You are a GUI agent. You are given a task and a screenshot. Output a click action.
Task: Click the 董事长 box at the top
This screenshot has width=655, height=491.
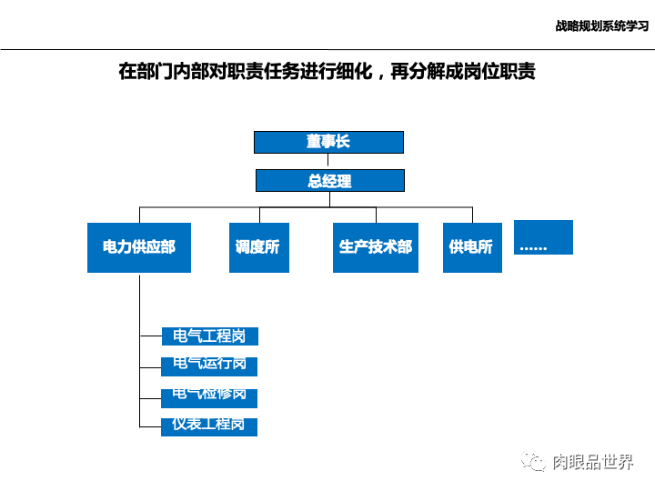pos(328,142)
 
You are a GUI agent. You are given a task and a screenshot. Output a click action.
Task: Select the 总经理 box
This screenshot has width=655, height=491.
pos(328,180)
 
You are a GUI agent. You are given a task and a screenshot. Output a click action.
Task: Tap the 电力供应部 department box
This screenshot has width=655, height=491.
pos(139,247)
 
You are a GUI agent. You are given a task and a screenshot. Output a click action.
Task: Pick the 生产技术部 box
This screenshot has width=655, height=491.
pos(376,247)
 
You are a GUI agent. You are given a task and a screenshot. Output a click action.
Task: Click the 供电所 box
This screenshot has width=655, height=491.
pos(472,247)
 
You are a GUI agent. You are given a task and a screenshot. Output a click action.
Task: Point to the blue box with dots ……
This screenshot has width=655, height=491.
pos(543,237)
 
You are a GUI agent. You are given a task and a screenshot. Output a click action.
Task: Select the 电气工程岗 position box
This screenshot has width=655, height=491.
pos(209,336)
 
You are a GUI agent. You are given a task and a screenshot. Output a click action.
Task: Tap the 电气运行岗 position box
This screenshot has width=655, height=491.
pos(209,366)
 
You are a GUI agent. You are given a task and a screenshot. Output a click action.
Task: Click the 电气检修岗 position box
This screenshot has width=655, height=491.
pos(209,396)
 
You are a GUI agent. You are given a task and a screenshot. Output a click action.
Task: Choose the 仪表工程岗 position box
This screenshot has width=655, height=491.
pos(209,426)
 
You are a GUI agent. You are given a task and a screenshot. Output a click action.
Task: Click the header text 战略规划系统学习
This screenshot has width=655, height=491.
pos(601,26)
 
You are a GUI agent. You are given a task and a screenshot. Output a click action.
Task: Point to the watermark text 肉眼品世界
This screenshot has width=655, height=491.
pos(593,462)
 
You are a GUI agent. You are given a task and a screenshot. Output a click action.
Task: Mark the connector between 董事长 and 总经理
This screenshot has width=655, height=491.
pos(328,161)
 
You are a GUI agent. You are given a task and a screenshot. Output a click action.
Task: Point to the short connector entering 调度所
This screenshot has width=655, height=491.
pos(259,215)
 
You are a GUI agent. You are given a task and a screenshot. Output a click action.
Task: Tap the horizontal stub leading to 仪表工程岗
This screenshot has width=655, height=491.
pos(150,426)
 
